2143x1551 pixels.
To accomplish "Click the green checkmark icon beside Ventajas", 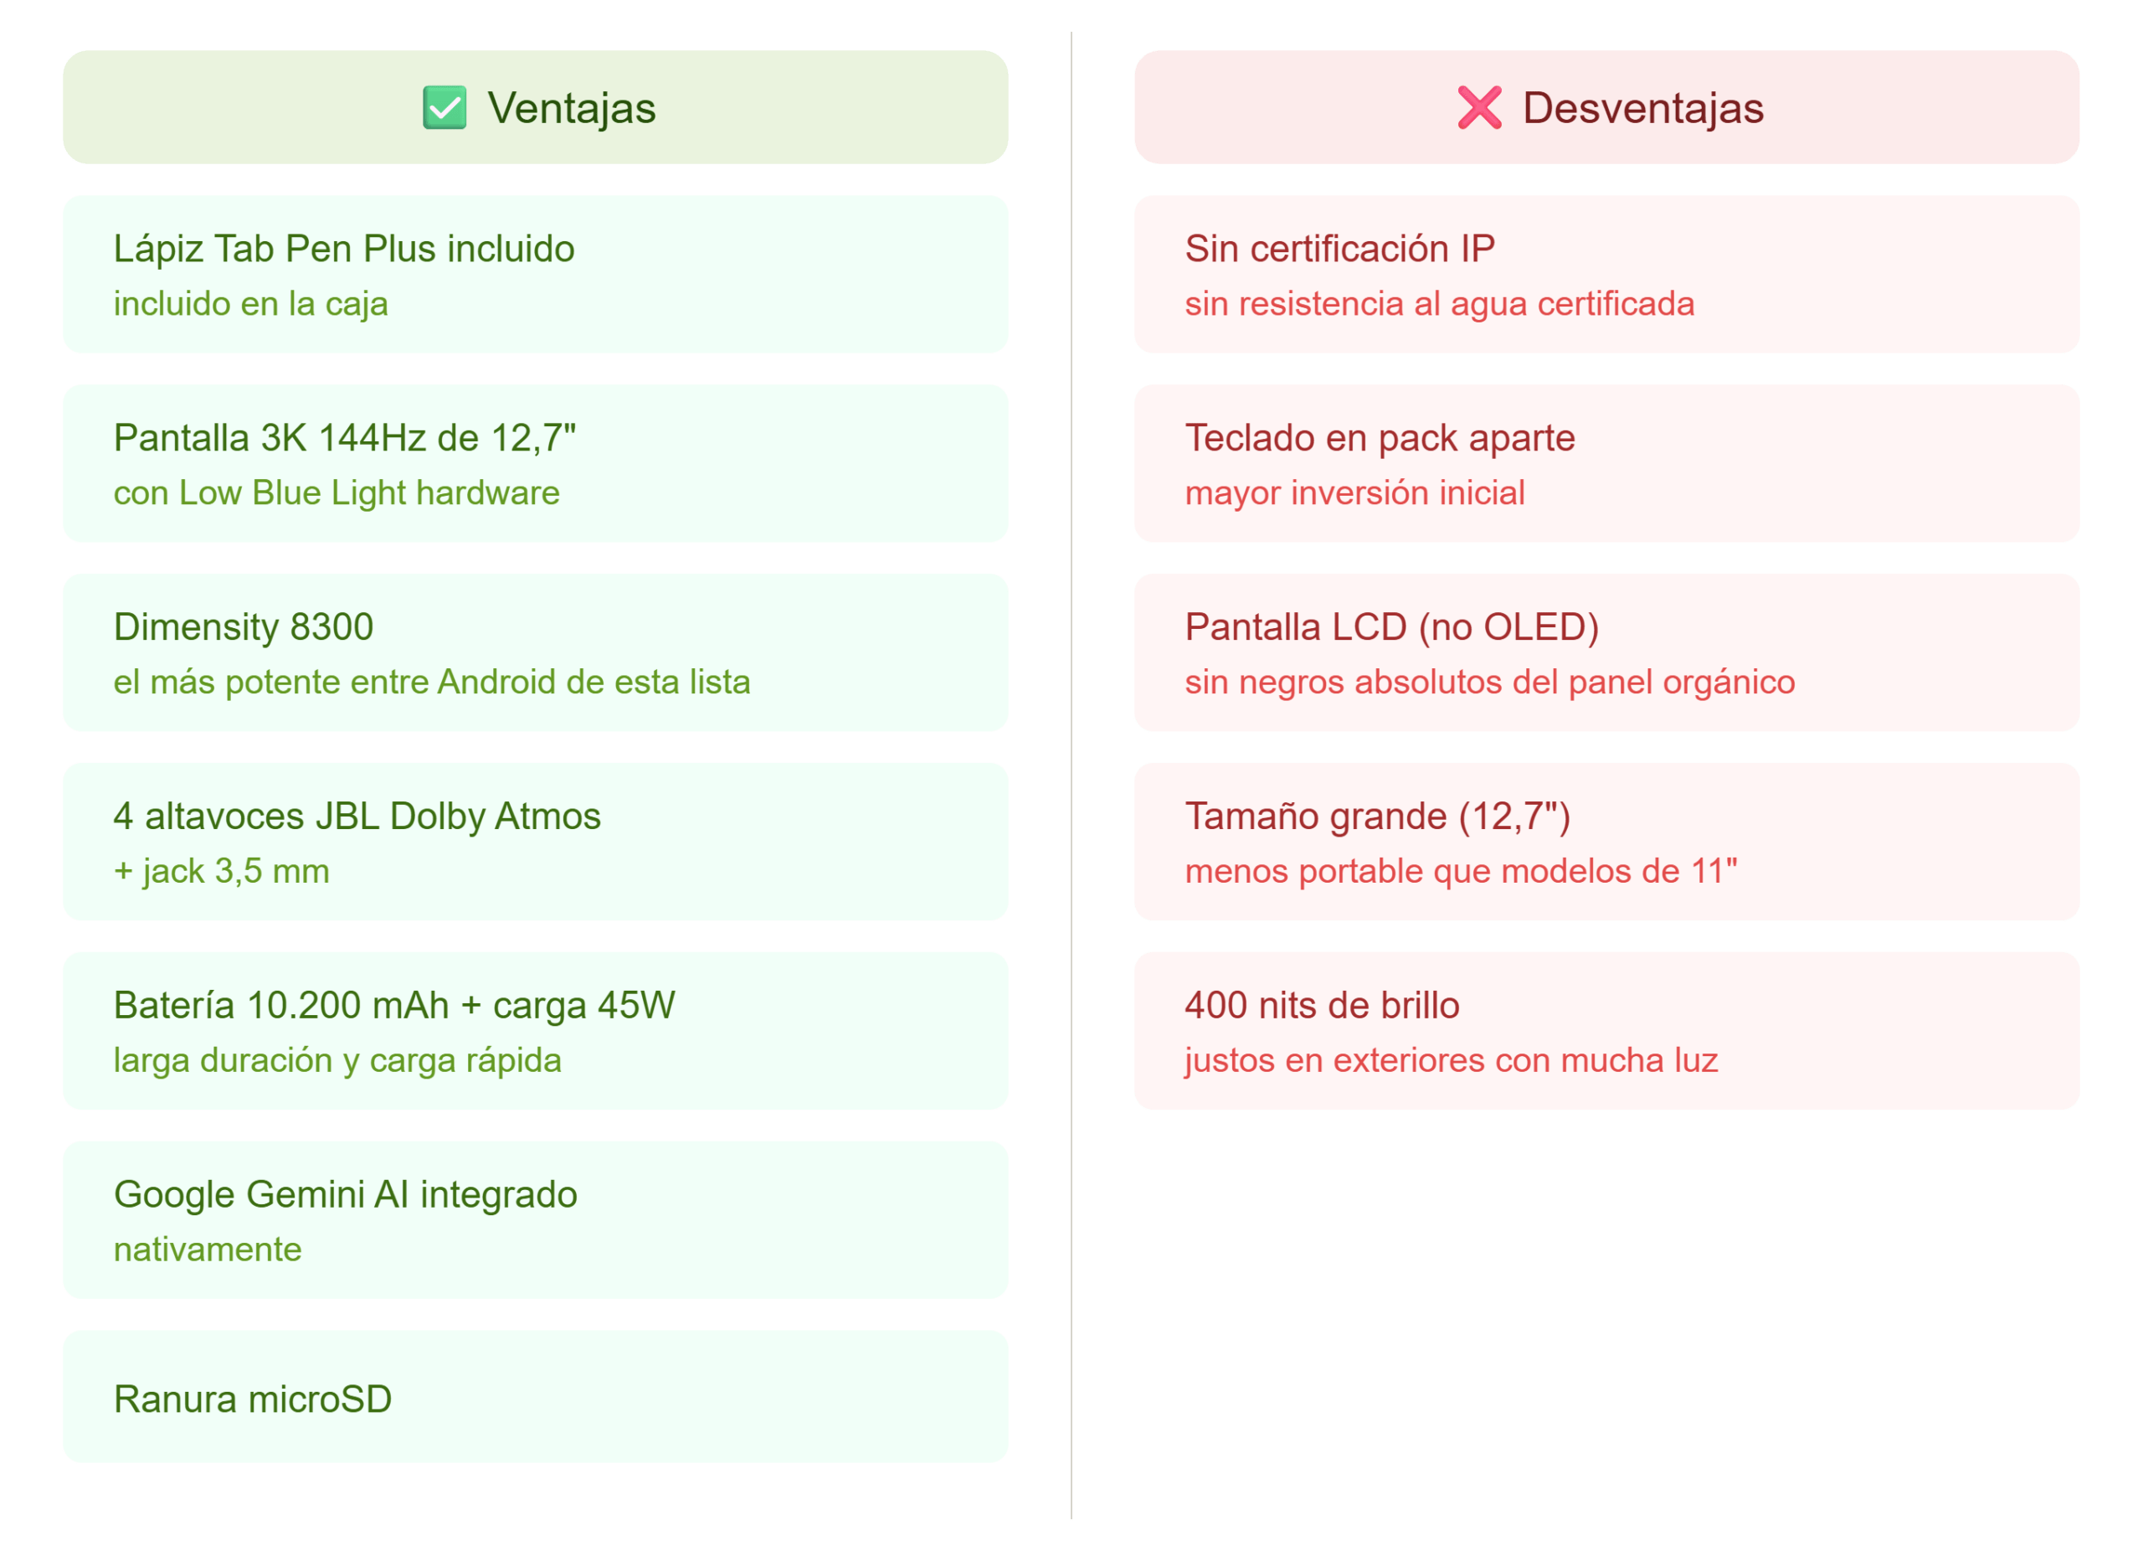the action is point(445,107).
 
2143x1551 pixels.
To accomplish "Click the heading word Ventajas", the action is point(572,108).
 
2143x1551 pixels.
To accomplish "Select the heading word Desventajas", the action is point(1643,108).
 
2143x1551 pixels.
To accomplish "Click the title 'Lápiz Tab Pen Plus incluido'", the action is point(344,249).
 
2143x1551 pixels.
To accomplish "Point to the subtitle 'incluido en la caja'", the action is point(250,303).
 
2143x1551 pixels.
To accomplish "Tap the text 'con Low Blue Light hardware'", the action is point(337,492).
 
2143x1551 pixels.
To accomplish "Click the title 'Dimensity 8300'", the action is point(244,626).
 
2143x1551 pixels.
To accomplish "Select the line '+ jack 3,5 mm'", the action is point(221,870).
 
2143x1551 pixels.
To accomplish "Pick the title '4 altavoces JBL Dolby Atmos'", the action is point(357,816).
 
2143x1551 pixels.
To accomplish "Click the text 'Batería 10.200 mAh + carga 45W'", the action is point(394,1005).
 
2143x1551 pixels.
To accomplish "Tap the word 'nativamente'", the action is point(208,1249).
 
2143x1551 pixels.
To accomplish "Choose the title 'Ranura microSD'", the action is point(252,1399).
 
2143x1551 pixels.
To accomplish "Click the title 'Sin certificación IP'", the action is point(1340,249).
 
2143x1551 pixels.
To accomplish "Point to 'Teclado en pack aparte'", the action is point(1380,438).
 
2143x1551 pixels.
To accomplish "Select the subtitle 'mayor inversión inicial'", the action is point(1355,492).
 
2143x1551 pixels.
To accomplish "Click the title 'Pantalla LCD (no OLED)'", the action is point(1392,626).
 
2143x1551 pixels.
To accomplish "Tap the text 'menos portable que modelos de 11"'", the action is point(1461,870).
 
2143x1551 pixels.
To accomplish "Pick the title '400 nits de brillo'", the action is point(1322,1005).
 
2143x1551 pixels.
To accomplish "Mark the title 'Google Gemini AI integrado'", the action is point(345,1193).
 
